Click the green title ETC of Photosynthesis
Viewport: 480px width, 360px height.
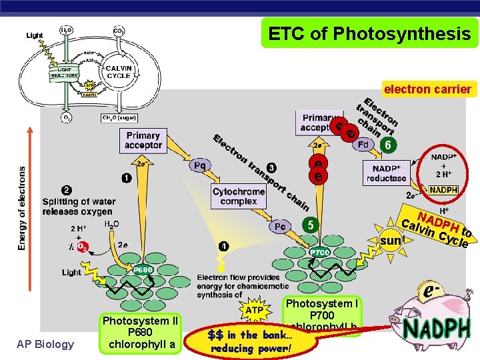pos(369,33)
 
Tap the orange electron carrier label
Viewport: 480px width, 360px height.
pos(427,89)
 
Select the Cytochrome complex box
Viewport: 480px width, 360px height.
pos(239,197)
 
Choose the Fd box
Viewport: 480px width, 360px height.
pos(363,144)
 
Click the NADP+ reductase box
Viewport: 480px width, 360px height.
pos(386,173)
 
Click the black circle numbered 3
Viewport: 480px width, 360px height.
pos(271,167)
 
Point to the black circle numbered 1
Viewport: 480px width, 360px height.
pos(125,177)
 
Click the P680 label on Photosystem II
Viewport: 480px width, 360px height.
pos(143,269)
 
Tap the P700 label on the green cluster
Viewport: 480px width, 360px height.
pos(319,253)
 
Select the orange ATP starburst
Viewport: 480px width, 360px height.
pos(255,310)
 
